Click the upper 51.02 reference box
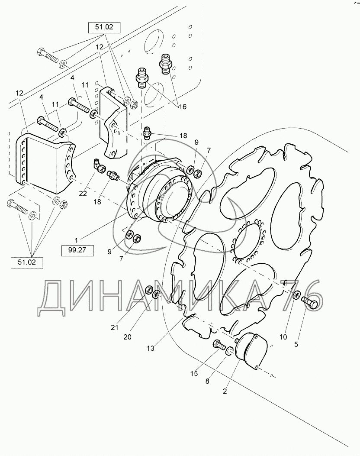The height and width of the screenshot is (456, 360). [104, 27]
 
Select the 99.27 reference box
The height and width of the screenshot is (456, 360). [78, 250]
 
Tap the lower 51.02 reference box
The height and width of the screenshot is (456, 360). [27, 262]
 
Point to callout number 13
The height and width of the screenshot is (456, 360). [151, 348]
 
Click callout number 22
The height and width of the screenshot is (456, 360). [83, 193]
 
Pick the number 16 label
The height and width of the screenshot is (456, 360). [183, 107]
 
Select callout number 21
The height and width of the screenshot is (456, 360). [115, 327]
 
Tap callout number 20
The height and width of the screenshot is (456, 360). [127, 337]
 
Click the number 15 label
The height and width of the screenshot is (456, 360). [194, 373]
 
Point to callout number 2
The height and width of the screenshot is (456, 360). [225, 391]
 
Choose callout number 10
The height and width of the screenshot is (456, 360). [283, 337]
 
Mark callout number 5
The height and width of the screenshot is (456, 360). [296, 344]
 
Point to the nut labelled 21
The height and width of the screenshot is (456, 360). [148, 290]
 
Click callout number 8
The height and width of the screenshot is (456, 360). [207, 381]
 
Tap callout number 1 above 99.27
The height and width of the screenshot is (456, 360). [77, 240]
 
